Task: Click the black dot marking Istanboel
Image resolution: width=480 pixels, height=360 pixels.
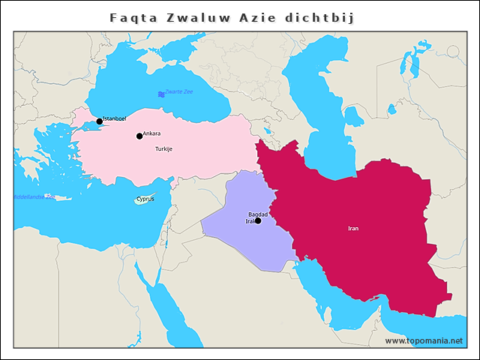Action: point(99,121)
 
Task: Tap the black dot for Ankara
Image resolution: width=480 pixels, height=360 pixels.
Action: point(139,136)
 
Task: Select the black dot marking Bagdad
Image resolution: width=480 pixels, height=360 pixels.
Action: point(258,220)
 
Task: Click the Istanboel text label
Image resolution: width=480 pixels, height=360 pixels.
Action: point(115,118)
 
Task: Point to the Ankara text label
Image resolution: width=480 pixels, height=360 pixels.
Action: point(151,133)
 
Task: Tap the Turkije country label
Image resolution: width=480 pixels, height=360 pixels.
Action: point(163,149)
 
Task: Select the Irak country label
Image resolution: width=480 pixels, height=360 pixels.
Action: point(250,221)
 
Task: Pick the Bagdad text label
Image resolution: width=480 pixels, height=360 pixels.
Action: point(258,214)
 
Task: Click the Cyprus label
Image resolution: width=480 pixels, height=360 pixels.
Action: point(145,199)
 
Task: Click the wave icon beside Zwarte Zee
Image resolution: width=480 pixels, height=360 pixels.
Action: point(161,94)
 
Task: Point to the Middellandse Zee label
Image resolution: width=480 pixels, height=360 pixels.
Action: point(34,196)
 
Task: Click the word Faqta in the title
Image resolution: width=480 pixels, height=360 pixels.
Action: point(131,16)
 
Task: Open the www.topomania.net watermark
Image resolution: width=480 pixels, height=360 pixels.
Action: point(424,340)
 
